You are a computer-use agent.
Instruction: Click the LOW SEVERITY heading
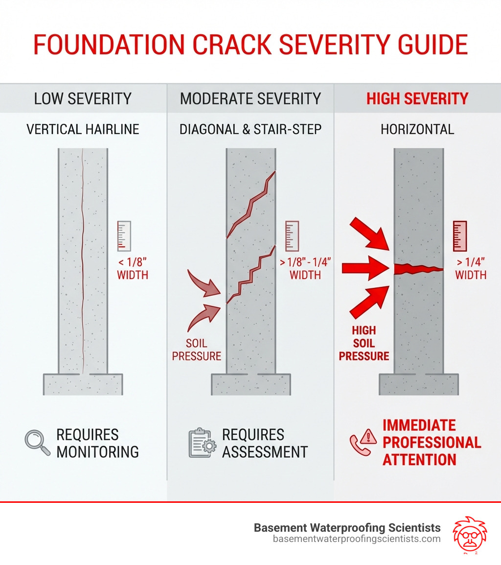[83, 98]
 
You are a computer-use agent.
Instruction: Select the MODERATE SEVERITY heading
[250, 98]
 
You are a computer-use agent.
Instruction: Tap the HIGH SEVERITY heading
[417, 98]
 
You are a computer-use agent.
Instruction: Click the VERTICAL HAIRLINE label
[83, 129]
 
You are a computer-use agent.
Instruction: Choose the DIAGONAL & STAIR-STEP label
[250, 129]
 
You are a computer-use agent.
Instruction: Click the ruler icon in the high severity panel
[460, 236]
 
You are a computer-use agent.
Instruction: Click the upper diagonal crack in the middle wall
[252, 203]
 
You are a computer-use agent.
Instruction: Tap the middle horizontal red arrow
[364, 268]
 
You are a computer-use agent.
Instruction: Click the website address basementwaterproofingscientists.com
[357, 539]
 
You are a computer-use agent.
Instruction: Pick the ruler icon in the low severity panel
[124, 236]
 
